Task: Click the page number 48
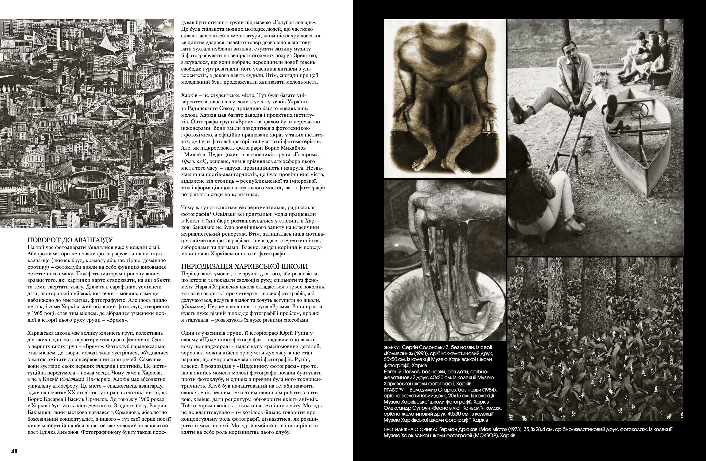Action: pos(14,451)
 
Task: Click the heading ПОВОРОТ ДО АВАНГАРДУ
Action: pos(70,240)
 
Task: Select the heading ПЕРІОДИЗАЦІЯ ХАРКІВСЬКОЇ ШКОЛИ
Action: pos(245,266)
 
